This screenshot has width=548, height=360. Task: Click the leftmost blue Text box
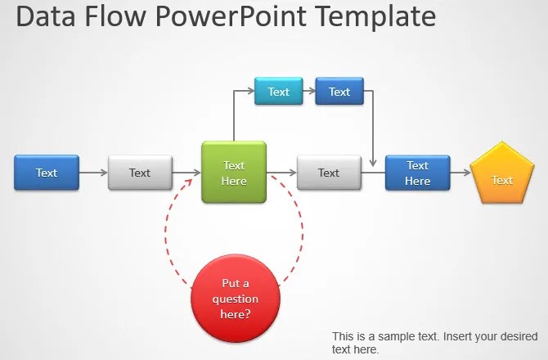point(47,173)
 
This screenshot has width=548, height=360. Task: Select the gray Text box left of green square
point(140,173)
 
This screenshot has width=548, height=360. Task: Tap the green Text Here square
point(234,172)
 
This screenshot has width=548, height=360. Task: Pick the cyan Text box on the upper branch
point(278,92)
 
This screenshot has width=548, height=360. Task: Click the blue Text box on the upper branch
point(339,92)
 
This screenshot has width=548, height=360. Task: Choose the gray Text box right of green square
point(328,173)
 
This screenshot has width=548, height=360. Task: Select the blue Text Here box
point(417,173)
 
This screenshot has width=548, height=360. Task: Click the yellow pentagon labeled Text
point(501,175)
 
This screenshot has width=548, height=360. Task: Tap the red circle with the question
point(236,298)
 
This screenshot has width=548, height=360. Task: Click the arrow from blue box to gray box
point(93,173)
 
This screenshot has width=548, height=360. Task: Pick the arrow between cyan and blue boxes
point(309,92)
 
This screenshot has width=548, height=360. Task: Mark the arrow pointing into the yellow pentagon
point(460,173)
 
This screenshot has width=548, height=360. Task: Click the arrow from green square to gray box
point(281,173)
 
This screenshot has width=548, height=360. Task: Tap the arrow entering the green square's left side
point(187,173)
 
